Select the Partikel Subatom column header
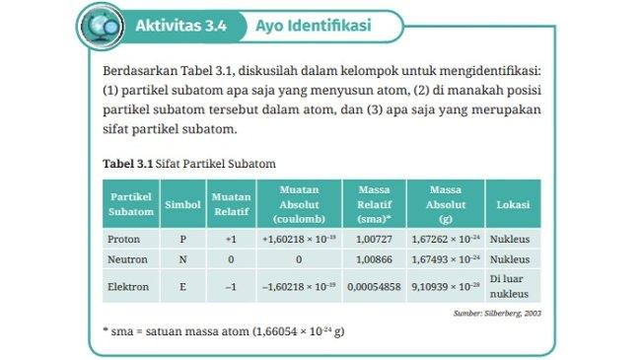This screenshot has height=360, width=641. click(130, 205)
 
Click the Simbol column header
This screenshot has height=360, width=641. click(182, 205)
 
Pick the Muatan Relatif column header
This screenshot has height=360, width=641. click(231, 205)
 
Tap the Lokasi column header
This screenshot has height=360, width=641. click(513, 205)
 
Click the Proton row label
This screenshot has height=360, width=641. click(123, 239)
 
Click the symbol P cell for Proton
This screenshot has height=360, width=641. click(182, 239)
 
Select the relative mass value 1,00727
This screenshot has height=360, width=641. click(370, 239)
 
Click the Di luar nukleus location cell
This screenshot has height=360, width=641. click(513, 286)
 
